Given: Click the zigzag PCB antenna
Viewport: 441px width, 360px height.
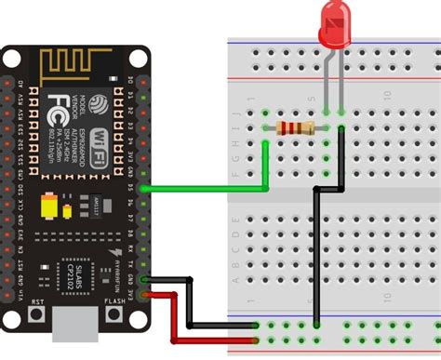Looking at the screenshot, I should pyautogui.click(x=70, y=65).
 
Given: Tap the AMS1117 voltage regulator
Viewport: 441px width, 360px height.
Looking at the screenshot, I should pyautogui.click(x=94, y=205).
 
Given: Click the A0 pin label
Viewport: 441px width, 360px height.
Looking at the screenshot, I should pyautogui.click(x=20, y=82).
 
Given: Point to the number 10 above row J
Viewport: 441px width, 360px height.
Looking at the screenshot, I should pyautogui.click(x=387, y=95).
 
